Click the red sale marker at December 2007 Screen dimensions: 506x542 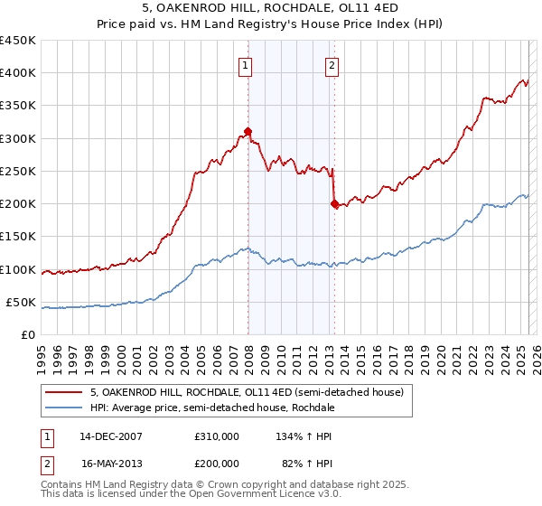coord(248,132)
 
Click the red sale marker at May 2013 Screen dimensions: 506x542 coord(334,204)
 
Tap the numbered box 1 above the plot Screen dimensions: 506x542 coord(246,65)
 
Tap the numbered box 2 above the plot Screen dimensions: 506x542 coord(332,65)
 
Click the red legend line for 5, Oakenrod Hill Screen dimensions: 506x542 coord(64,392)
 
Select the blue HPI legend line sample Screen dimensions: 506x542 coord(64,408)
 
